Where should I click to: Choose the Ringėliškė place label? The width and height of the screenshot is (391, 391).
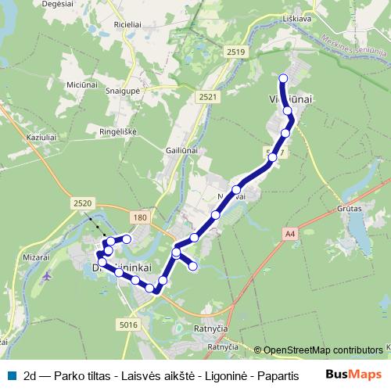pyautogui.click(x=118, y=131)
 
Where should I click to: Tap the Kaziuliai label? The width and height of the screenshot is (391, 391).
pyautogui.click(x=44, y=137)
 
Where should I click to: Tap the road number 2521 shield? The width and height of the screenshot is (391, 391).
pyautogui.click(x=208, y=97)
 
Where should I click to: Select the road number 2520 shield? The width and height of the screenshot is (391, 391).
pyautogui.click(x=82, y=203)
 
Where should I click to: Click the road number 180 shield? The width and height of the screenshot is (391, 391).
pyautogui.click(x=141, y=217)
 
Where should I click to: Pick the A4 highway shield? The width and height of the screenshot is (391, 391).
pyautogui.click(x=291, y=232)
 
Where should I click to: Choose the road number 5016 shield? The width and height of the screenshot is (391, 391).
pyautogui.click(x=129, y=324)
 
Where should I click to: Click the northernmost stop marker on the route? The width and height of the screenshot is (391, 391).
pyautogui.click(x=283, y=78)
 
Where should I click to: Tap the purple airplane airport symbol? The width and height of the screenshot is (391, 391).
pyautogui.click(x=48, y=275)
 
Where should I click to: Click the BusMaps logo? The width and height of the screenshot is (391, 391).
pyautogui.click(x=353, y=374)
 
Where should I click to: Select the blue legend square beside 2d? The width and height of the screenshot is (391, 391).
pyautogui.click(x=12, y=375)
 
